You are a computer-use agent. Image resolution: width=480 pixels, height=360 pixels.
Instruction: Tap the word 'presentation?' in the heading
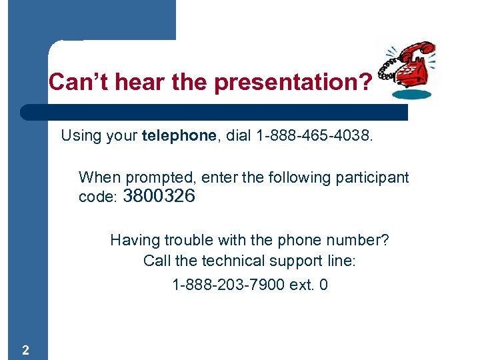(293, 83)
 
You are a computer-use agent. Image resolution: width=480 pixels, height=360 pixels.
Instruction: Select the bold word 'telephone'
(179, 137)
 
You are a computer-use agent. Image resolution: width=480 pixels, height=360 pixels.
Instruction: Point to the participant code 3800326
(159, 197)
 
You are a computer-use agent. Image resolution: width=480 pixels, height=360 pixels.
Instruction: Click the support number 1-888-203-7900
(228, 285)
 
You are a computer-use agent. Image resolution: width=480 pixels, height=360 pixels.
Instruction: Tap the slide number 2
(25, 350)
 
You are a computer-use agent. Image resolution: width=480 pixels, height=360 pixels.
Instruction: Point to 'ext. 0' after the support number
(309, 285)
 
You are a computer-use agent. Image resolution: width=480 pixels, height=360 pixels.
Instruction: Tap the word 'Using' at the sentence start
(79, 137)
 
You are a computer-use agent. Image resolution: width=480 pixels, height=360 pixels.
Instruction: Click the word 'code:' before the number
(98, 198)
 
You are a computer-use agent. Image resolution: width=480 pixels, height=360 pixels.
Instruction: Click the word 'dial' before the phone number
(238, 137)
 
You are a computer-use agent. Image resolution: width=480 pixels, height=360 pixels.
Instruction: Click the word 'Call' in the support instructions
(157, 261)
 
